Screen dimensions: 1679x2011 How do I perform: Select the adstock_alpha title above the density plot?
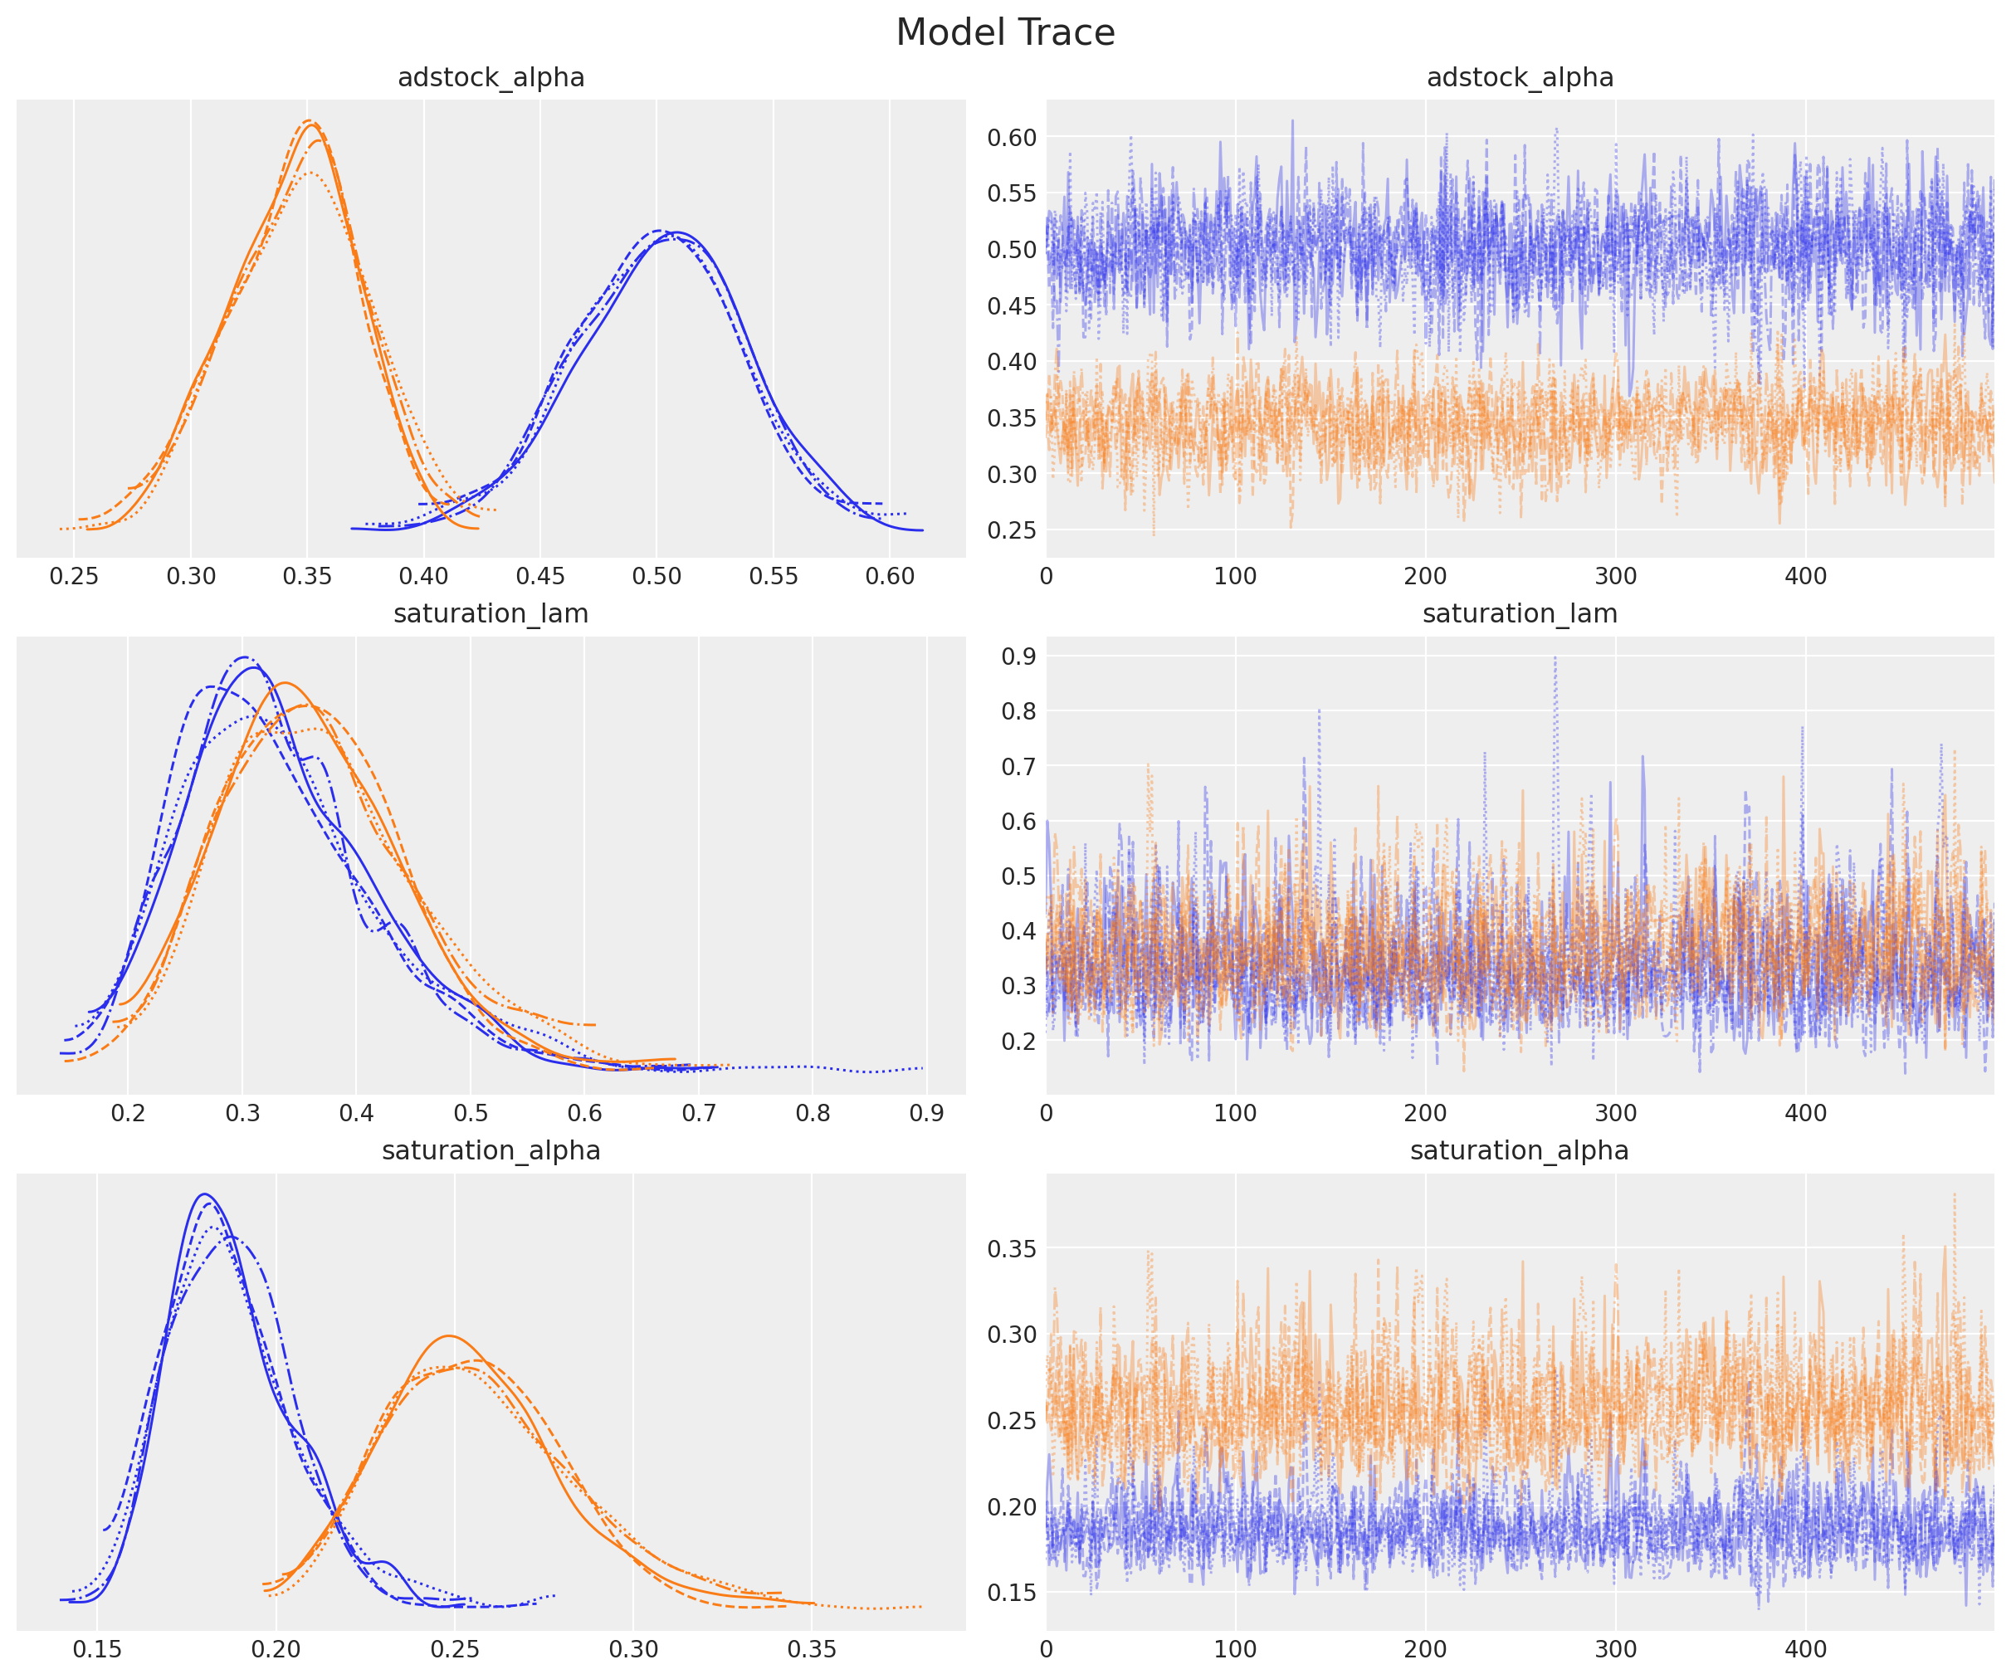491,77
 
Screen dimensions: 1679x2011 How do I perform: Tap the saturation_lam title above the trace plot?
1520,614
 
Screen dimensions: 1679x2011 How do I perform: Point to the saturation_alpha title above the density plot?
491,1150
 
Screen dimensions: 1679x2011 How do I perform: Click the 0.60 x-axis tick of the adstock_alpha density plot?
890,577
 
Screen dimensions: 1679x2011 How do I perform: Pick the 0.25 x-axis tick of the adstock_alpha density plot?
74,577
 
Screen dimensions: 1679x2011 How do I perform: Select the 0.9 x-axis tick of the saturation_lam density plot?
926,1113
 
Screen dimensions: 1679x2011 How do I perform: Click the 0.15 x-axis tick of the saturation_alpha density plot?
97,1649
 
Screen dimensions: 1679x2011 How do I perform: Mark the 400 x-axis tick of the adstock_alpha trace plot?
1805,577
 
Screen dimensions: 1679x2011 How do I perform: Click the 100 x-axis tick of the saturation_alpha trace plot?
1235,1649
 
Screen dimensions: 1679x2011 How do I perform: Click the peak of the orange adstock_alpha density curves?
309,122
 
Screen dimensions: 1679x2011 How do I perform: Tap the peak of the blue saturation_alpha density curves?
204,1194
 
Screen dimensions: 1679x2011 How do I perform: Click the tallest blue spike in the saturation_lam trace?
1555,657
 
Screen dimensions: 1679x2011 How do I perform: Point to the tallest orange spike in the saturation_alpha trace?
1954,1194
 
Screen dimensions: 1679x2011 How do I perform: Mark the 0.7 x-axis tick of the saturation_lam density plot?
698,1113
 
